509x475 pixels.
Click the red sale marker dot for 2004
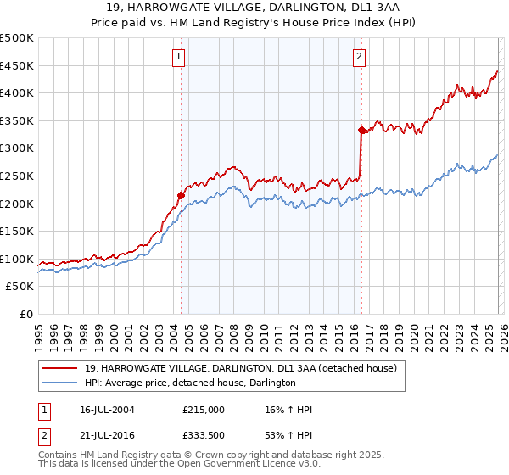point(181,195)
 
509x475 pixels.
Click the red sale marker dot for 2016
point(361,130)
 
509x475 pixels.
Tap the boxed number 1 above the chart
point(180,57)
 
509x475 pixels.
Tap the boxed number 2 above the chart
point(360,57)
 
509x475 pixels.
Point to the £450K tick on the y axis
point(17,65)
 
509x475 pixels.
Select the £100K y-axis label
point(17,259)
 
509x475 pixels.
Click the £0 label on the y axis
point(26,314)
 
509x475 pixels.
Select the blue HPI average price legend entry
point(190,383)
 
